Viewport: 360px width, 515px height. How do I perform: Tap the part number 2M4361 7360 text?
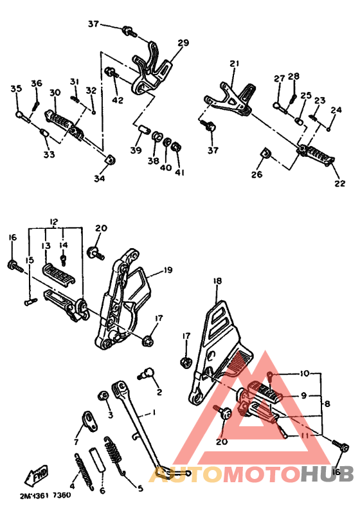coord(45,494)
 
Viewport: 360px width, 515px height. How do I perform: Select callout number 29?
coord(183,42)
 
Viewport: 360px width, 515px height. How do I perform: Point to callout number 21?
coord(234,63)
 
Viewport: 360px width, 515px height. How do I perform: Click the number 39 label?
coord(136,150)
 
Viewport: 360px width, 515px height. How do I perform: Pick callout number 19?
coord(168,270)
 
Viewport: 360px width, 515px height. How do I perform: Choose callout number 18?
coord(217,281)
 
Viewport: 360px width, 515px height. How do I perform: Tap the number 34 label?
coord(99,178)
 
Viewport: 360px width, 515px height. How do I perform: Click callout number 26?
coord(257,174)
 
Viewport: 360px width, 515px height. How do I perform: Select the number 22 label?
coord(340,183)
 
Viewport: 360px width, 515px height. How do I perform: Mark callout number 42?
coord(118,100)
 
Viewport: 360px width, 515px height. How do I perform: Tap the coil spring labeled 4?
coord(84,471)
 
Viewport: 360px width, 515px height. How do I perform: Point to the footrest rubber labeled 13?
coord(59,273)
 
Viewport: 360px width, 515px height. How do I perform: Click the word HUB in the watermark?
coord(327,474)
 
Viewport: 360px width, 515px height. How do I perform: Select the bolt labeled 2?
coord(146,373)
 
